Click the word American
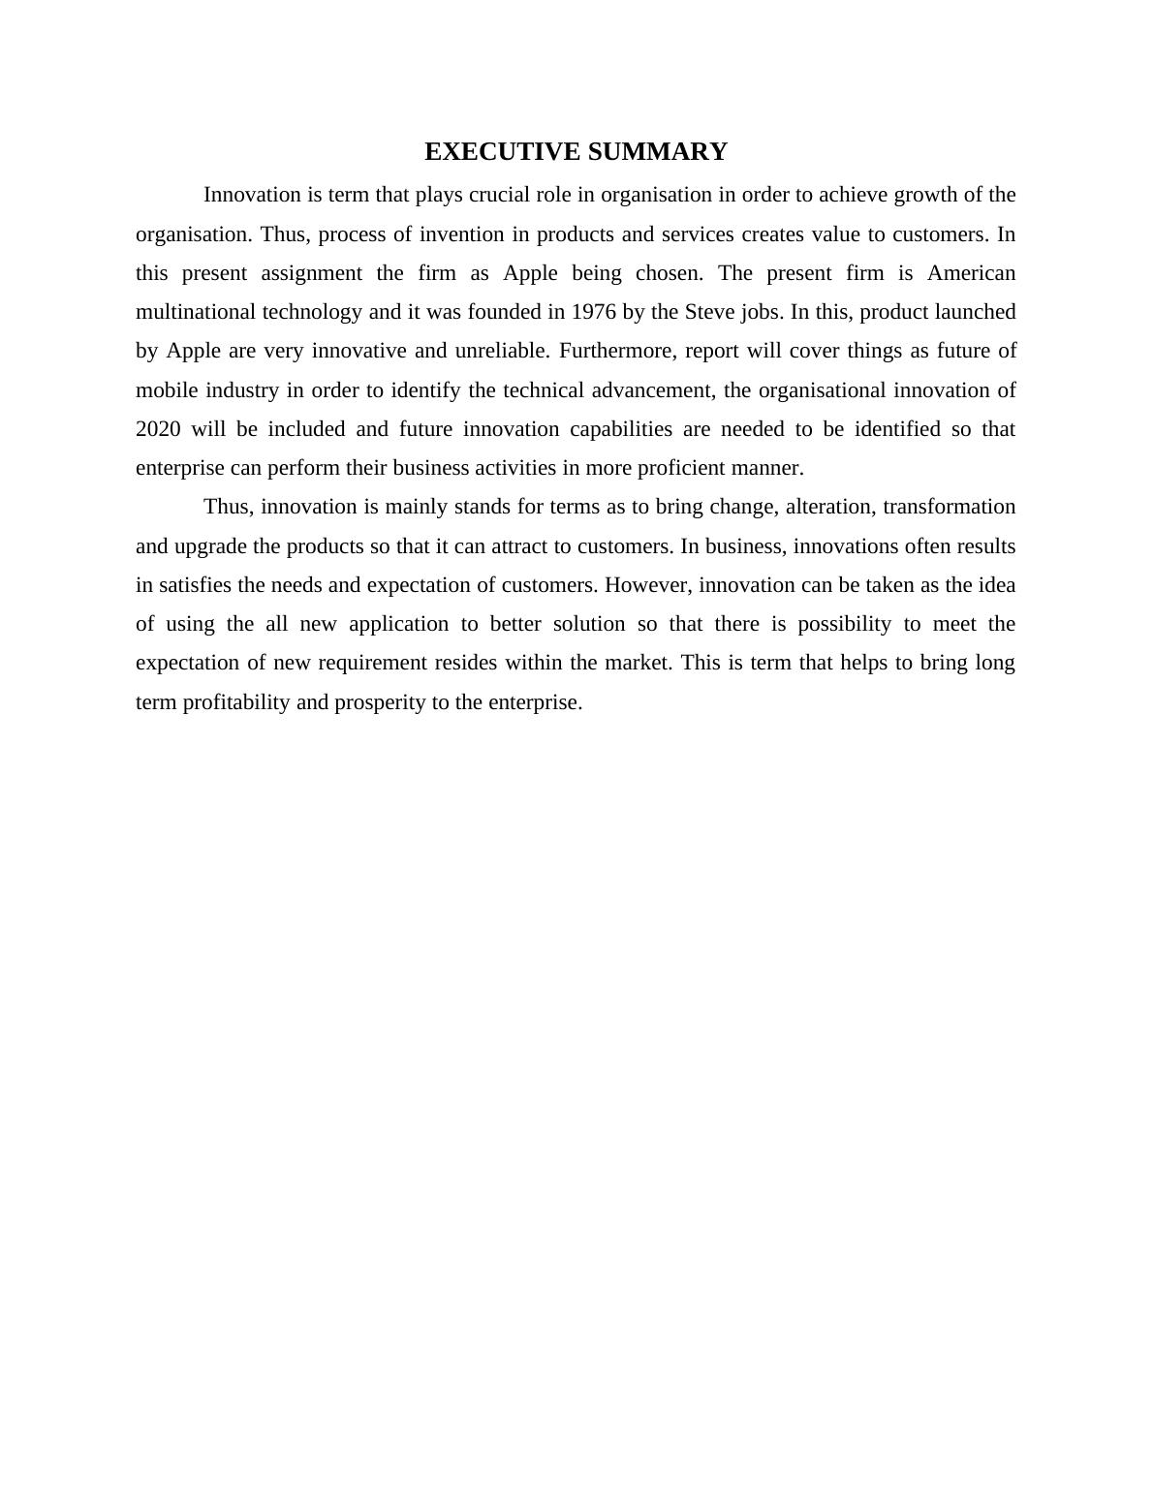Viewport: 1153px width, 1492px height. (x=971, y=273)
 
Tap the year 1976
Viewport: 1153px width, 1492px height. (x=593, y=312)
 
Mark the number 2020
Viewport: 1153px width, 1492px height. (x=158, y=429)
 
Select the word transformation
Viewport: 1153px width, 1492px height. (x=949, y=507)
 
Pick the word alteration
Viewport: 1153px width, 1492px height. (x=828, y=507)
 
